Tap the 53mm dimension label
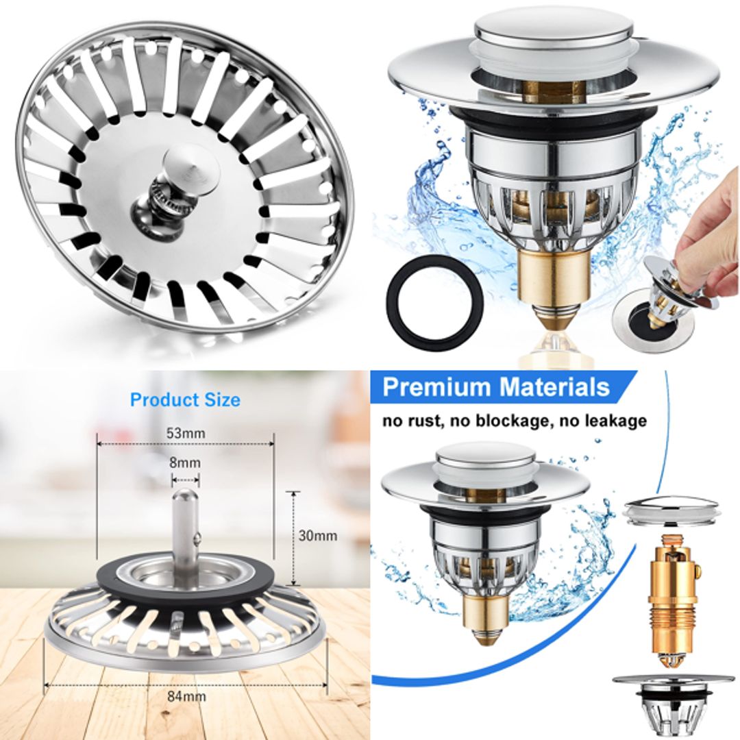coord(185,433)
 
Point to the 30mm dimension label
coord(317,536)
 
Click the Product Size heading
coord(185,399)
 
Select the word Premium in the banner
coord(437,387)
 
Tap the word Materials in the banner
coord(554,387)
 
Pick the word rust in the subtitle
coord(425,421)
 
